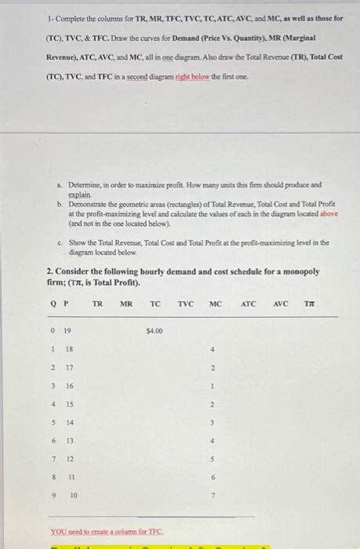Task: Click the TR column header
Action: point(97,304)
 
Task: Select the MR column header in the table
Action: point(126,304)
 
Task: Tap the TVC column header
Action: point(185,304)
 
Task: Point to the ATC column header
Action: point(248,304)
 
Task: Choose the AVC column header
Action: point(281,304)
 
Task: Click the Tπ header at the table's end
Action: point(310,304)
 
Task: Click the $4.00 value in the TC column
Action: point(155,331)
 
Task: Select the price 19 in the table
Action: point(67,331)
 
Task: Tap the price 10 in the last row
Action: point(73,496)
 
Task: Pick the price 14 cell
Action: point(69,423)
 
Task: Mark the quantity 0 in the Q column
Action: point(53,331)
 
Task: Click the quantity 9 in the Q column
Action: point(53,496)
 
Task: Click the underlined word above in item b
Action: point(329,213)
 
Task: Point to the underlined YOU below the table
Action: point(58,530)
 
